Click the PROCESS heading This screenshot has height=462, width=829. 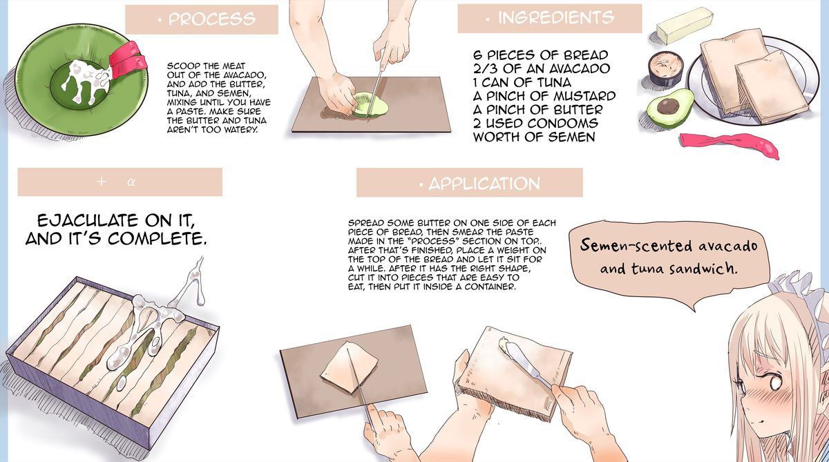pyautogui.click(x=208, y=19)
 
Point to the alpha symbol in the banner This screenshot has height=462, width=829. pyautogui.click(x=131, y=182)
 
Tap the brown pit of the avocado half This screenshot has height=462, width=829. pyautogui.click(x=668, y=106)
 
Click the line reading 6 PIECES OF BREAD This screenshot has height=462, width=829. pyautogui.click(x=540, y=55)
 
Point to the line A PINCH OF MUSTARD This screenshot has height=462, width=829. pyautogui.click(x=544, y=96)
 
